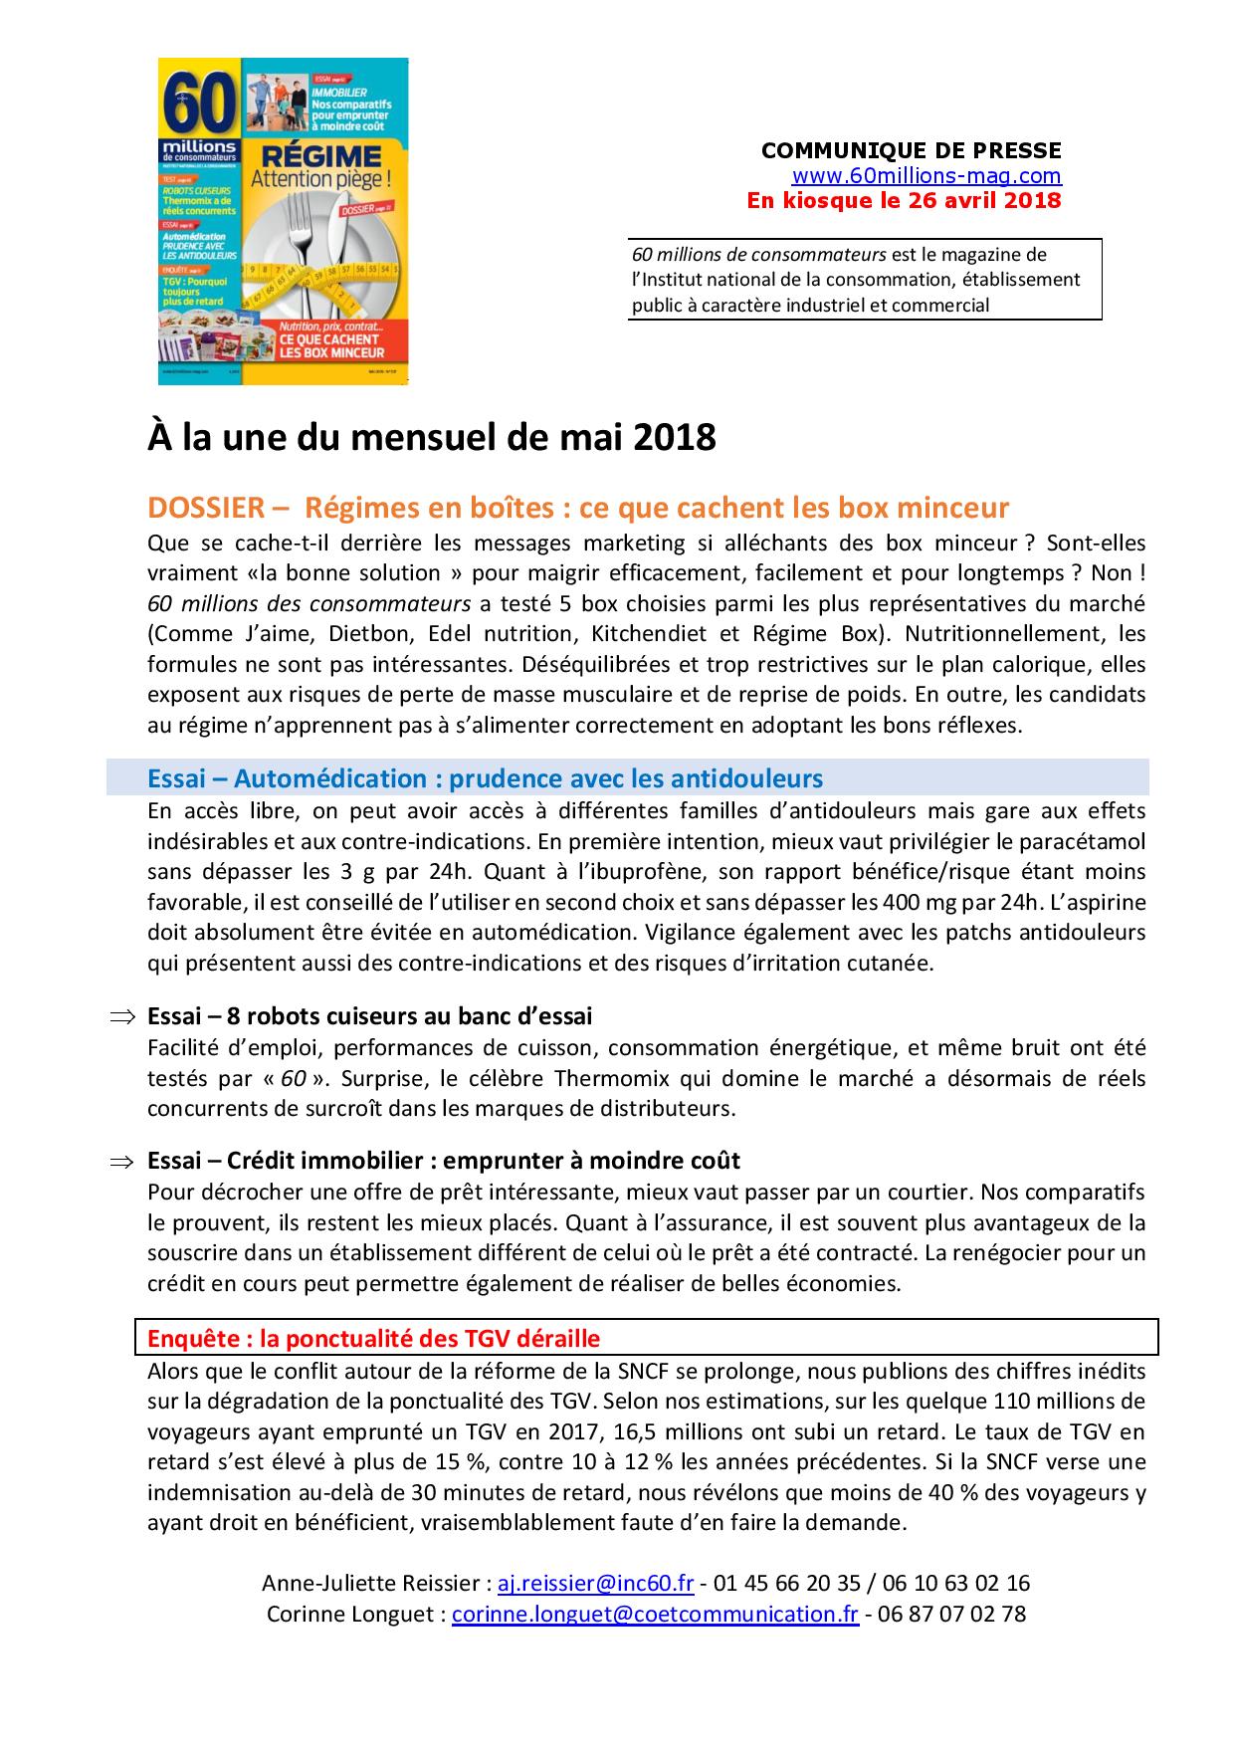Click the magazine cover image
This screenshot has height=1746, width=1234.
[284, 221]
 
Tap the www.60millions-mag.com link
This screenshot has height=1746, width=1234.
[926, 176]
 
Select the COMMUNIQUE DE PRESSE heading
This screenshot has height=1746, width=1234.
[911, 151]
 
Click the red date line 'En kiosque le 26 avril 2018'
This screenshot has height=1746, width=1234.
[904, 200]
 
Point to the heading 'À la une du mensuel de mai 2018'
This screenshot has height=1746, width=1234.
[431, 438]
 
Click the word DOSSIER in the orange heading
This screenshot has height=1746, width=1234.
[205, 509]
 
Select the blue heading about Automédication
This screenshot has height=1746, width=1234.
[485, 777]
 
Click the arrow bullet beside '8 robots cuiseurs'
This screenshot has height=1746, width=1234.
[121, 1017]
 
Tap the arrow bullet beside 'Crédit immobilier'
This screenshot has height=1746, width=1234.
[121, 1162]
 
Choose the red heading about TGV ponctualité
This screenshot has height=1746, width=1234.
[373, 1339]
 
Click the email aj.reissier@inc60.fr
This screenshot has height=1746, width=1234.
[595, 1584]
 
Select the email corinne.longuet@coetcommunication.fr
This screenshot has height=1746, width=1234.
[655, 1615]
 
